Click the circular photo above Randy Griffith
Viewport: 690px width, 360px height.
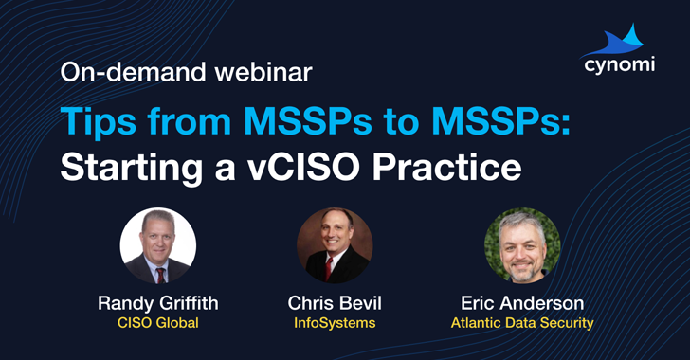pyautogui.click(x=157, y=245)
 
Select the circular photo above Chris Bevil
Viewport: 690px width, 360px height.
pyautogui.click(x=334, y=245)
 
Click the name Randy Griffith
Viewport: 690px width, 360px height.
pyautogui.click(x=157, y=303)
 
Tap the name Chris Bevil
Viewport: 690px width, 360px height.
pyautogui.click(x=334, y=303)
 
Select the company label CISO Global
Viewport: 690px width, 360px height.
pyautogui.click(x=157, y=323)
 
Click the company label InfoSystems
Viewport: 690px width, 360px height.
pyautogui.click(x=334, y=323)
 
